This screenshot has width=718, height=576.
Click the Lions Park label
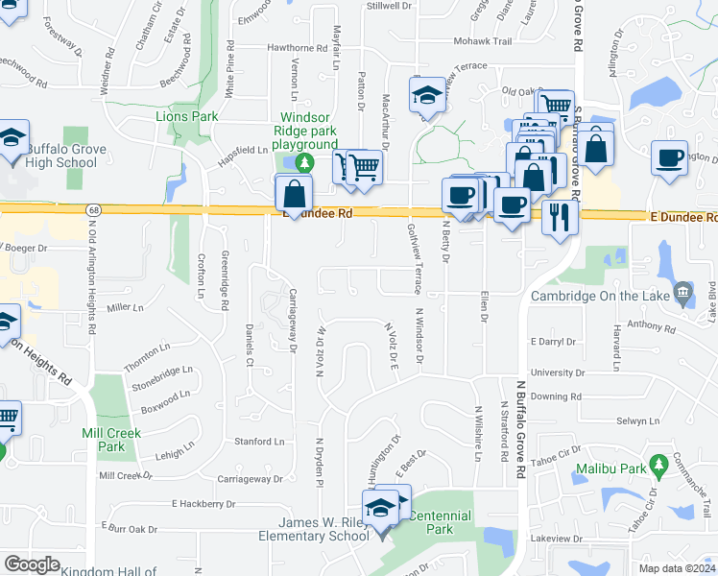coord(187,116)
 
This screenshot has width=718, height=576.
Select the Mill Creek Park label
coord(111,440)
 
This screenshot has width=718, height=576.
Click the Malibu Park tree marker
coord(658,466)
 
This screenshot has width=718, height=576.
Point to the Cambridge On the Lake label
coord(599,297)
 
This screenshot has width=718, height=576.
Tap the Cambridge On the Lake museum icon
coord(683,291)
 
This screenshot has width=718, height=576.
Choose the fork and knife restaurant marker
coord(560,215)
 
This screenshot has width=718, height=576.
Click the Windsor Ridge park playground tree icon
coord(304,160)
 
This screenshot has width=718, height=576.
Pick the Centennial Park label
coord(440,522)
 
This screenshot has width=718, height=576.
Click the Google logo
coord(32,564)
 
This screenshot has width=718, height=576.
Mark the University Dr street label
coord(551,372)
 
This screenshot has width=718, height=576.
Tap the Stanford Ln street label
coord(260,442)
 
